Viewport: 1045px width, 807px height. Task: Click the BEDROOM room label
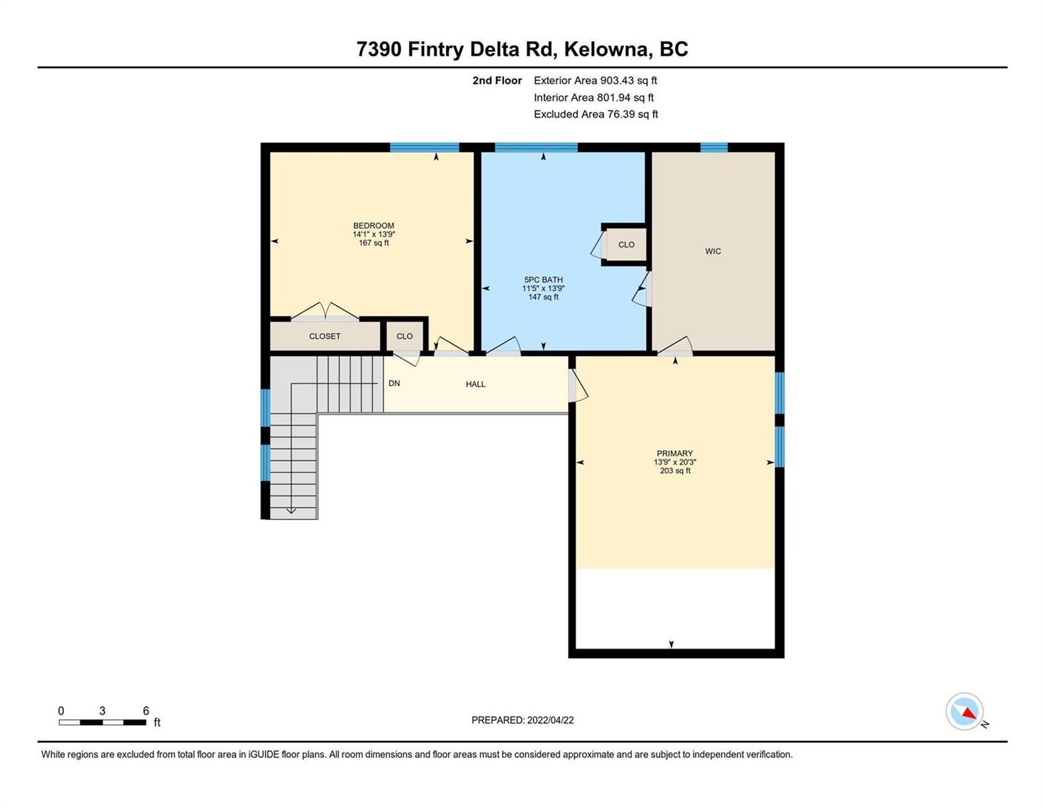click(x=373, y=225)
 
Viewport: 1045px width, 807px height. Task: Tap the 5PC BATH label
click(x=544, y=280)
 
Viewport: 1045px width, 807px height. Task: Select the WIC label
click(x=713, y=252)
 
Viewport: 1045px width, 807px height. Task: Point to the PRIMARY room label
click(x=675, y=453)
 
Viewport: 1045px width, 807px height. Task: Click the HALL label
click(x=475, y=384)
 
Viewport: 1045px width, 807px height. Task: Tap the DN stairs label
click(x=394, y=383)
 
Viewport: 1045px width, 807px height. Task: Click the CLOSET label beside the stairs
click(x=324, y=336)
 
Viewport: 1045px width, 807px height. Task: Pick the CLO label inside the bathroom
click(x=626, y=245)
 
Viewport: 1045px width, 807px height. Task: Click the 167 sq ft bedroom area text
click(x=373, y=243)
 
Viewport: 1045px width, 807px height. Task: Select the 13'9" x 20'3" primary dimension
click(x=675, y=462)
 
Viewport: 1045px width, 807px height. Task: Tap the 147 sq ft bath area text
click(x=544, y=297)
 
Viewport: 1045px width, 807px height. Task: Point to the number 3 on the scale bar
click(x=102, y=710)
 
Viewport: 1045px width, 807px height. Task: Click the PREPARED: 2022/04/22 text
click(x=522, y=720)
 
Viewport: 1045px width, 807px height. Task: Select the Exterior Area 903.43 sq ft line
click(x=596, y=80)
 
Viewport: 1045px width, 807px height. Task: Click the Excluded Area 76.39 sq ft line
click(x=596, y=114)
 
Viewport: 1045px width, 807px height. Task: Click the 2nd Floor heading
click(x=497, y=80)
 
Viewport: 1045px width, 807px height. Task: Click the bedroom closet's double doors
click(x=325, y=311)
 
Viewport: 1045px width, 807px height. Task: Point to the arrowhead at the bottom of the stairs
click(x=291, y=511)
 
